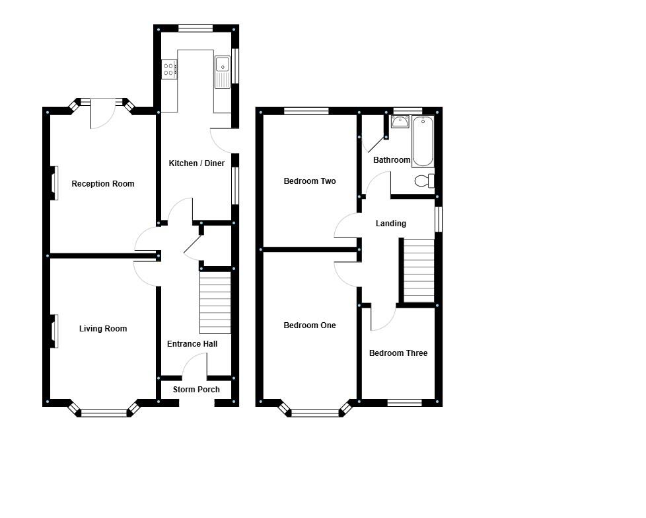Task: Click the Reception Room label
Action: (x=102, y=184)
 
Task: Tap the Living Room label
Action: (x=102, y=329)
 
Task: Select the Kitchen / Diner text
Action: (x=197, y=163)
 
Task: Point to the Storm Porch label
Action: (x=196, y=390)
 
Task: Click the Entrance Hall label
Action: (x=192, y=344)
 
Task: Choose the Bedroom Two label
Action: (x=310, y=181)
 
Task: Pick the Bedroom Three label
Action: (x=398, y=353)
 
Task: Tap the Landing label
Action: (x=390, y=224)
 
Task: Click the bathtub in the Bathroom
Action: (x=423, y=141)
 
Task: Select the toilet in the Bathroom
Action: (x=423, y=181)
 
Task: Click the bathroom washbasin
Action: (x=400, y=122)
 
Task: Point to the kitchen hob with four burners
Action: (x=170, y=69)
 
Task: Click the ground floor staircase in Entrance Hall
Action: (x=215, y=304)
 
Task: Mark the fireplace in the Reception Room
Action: (x=54, y=182)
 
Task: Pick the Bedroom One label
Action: (x=309, y=325)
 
